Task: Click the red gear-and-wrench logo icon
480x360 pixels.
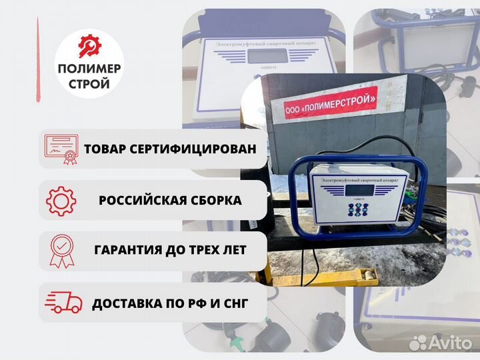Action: tap(89, 47)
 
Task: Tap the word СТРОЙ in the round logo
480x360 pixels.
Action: tap(89, 85)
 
